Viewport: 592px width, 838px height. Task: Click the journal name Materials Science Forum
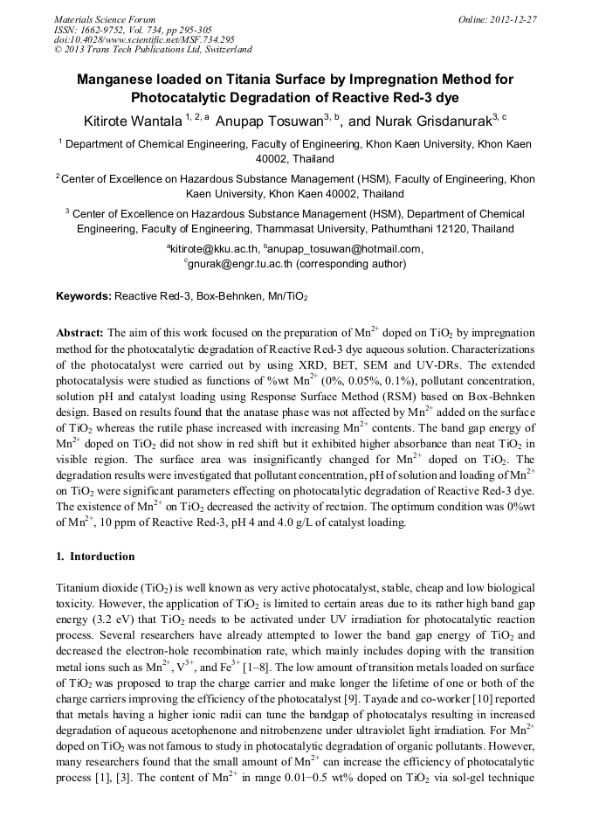click(105, 19)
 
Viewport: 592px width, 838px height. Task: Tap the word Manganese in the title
click(116, 80)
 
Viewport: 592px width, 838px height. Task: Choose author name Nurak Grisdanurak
click(446, 118)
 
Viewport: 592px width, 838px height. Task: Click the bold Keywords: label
click(84, 296)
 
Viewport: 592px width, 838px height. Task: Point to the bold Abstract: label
click(80, 334)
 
